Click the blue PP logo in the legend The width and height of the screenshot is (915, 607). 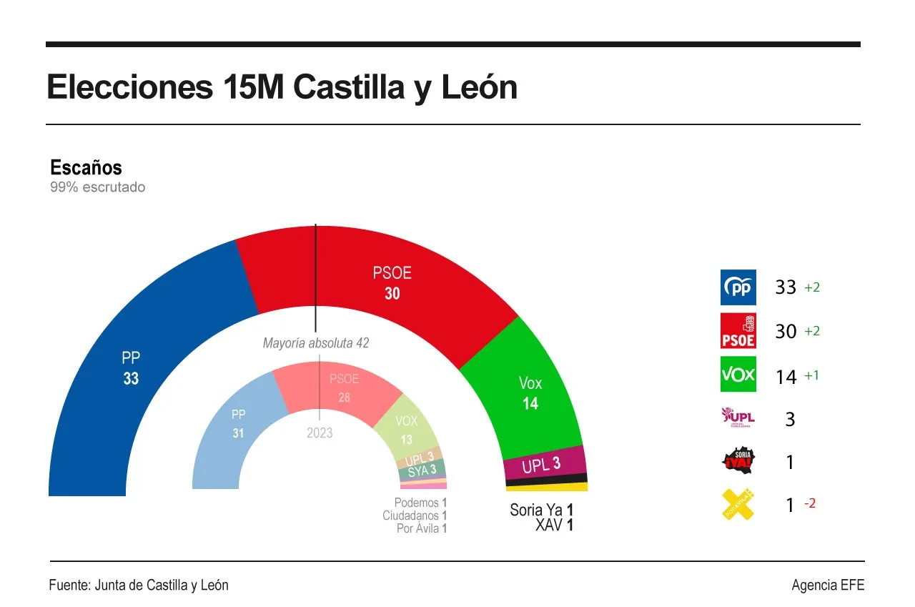(738, 287)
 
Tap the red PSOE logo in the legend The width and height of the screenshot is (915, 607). (738, 331)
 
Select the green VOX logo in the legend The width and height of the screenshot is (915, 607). (738, 375)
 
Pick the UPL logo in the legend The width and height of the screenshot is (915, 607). (738, 418)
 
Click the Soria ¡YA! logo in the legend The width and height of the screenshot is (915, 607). (738, 461)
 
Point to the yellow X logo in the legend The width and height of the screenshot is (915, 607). (738, 504)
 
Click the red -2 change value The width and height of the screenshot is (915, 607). (809, 503)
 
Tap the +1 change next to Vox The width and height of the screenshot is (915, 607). (811, 375)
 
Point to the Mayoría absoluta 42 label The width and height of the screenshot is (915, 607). (316, 343)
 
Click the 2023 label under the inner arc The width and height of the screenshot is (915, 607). (320, 433)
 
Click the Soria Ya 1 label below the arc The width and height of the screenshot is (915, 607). (541, 510)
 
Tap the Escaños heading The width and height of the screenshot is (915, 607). (86, 168)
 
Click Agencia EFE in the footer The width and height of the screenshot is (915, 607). (828, 585)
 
